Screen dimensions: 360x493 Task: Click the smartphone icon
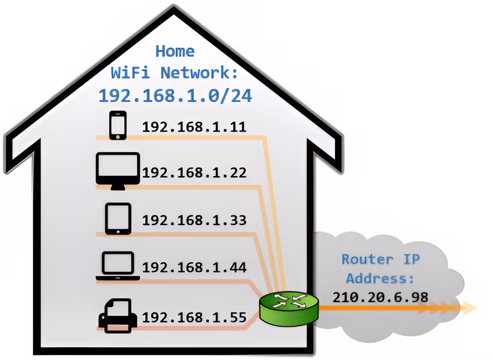tap(117, 125)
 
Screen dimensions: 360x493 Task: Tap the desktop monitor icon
tap(117, 170)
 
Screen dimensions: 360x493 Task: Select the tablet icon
tap(118, 219)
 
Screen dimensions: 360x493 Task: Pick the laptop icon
tap(118, 266)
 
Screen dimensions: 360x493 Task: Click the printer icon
tap(117, 315)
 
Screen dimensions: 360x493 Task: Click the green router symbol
tap(289, 307)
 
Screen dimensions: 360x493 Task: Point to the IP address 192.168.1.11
tap(194, 127)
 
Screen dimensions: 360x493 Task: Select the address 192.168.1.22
tap(194, 173)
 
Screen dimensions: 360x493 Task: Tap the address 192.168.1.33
tap(194, 220)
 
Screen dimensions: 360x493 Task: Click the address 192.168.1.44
tap(194, 268)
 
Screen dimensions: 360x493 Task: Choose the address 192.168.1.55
tap(194, 317)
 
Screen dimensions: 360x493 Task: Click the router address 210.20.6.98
tap(380, 297)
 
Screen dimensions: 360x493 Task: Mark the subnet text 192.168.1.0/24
tap(175, 96)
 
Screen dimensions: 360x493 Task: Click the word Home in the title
tap(175, 51)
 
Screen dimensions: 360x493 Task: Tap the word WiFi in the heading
tap(131, 73)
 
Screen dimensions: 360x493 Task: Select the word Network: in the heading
tap(199, 73)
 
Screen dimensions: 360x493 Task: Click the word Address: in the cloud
tap(380, 278)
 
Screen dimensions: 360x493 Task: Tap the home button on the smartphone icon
tap(117, 136)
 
